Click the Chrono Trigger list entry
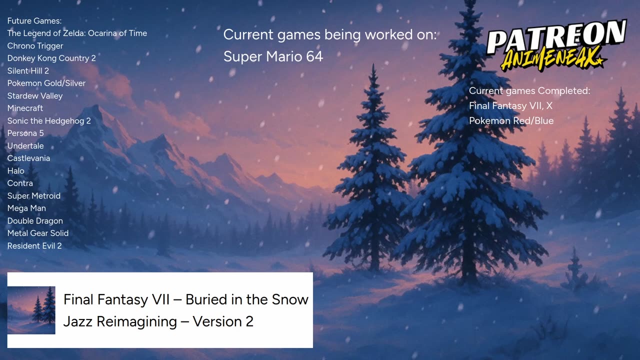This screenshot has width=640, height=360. click(35, 45)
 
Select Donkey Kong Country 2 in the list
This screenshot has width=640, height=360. click(51, 58)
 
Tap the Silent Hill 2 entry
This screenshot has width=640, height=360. click(28, 70)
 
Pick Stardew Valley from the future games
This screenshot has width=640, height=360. click(35, 95)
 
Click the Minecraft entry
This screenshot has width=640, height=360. click(25, 108)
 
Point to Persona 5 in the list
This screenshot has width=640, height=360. click(25, 133)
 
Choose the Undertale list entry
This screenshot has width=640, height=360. click(25, 145)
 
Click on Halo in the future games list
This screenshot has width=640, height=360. click(15, 170)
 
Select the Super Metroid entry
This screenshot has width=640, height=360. click(33, 195)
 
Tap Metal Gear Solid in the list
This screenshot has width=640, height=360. click(38, 233)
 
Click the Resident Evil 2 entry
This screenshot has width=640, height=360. click(34, 245)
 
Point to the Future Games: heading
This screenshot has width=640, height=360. click(34, 20)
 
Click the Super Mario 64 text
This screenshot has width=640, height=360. click(273, 56)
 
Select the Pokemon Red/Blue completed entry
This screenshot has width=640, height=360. click(511, 120)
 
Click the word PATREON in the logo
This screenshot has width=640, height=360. click(556, 37)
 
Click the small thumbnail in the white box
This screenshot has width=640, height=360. click(31, 310)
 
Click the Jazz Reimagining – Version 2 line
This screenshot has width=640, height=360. click(158, 321)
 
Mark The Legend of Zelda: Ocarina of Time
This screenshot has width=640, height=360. click(77, 33)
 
